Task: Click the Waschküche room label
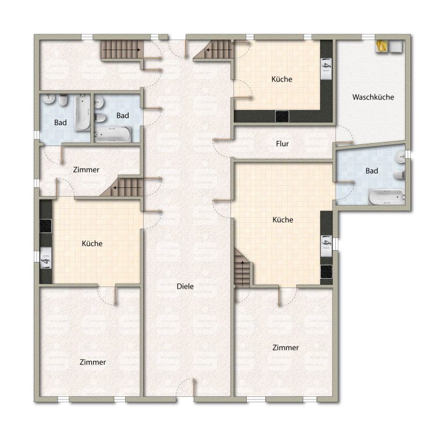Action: [373, 97]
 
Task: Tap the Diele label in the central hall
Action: [185, 286]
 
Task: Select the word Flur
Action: [282, 144]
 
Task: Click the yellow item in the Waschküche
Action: [382, 46]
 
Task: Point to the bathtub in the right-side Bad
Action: [386, 197]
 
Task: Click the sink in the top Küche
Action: [327, 69]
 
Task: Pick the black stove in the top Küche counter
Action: [282, 116]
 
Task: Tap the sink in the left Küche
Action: [45, 258]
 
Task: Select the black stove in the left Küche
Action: [45, 226]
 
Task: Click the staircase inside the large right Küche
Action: [242, 268]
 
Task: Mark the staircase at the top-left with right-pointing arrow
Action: [122, 49]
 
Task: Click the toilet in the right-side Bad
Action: [399, 175]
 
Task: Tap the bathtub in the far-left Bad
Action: [83, 112]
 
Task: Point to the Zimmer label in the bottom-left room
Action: [93, 362]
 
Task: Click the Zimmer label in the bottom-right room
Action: [286, 347]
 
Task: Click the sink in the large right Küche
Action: [327, 246]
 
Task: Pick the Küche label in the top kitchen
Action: [282, 79]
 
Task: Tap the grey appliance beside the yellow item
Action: [396, 46]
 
